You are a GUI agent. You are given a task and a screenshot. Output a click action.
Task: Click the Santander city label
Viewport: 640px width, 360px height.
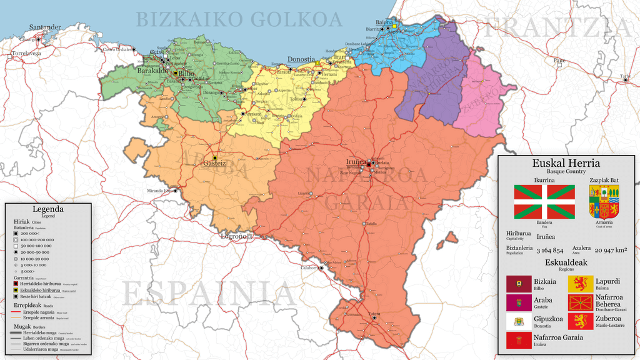(45, 27)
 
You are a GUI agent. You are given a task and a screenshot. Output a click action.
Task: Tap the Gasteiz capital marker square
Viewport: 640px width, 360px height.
(215, 157)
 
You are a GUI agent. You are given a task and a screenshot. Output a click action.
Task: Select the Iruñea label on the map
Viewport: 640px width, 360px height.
(356, 161)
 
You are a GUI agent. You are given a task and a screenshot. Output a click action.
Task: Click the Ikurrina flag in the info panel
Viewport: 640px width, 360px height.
(544, 202)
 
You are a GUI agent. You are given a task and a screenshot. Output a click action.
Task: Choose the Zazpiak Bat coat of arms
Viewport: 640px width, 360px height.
(604, 202)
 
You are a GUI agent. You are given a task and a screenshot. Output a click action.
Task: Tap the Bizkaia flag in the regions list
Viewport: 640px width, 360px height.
(518, 285)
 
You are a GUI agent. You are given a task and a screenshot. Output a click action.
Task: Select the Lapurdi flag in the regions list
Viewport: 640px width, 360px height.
(581, 285)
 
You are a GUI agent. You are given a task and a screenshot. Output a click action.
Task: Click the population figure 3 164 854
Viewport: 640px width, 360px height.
(549, 250)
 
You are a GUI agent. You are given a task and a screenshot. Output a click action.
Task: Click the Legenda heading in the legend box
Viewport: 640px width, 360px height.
(48, 209)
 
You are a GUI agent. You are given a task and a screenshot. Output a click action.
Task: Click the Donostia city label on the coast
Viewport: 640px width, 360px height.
(301, 60)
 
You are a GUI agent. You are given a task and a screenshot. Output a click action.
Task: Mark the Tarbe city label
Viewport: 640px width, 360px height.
(624, 77)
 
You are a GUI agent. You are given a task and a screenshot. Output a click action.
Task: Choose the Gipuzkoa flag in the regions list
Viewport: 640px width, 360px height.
(518, 322)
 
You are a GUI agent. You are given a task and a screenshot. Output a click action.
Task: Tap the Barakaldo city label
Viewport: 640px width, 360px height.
(152, 71)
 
